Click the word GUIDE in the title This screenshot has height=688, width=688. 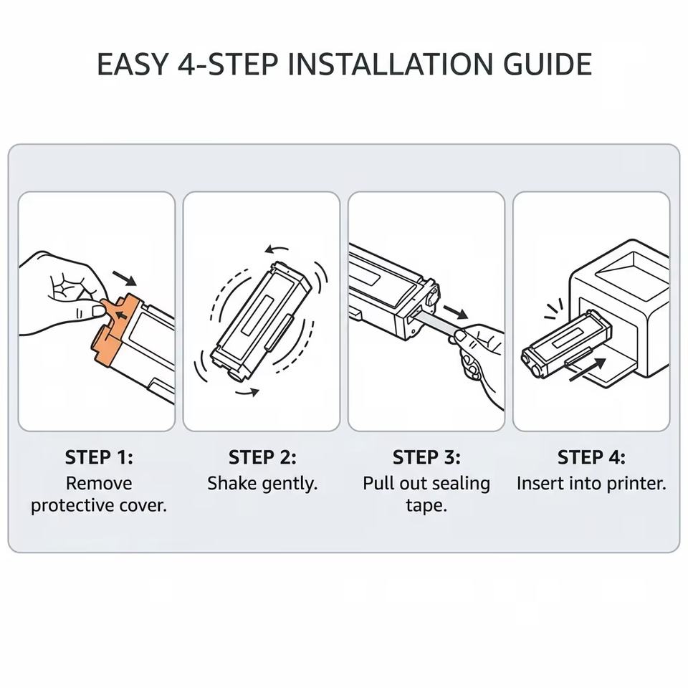(x=547, y=64)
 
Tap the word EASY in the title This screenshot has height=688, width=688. (x=132, y=64)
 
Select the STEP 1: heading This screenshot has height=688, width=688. (x=99, y=457)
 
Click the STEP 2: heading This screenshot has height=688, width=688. (x=262, y=457)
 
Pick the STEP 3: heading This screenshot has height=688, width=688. (x=426, y=457)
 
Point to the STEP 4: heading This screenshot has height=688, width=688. (x=591, y=457)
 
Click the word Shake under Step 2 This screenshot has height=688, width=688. (x=231, y=483)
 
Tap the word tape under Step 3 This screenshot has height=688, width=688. (x=426, y=505)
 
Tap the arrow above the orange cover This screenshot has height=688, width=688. (x=125, y=278)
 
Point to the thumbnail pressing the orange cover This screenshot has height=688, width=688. (x=98, y=311)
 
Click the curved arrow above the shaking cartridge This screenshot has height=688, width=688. (x=275, y=249)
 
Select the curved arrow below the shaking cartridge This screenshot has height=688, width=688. (x=247, y=392)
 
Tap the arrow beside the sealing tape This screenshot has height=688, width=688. (x=456, y=312)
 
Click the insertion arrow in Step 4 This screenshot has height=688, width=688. (x=587, y=370)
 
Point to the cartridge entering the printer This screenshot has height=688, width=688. (x=565, y=343)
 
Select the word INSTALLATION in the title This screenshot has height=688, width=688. (x=391, y=64)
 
